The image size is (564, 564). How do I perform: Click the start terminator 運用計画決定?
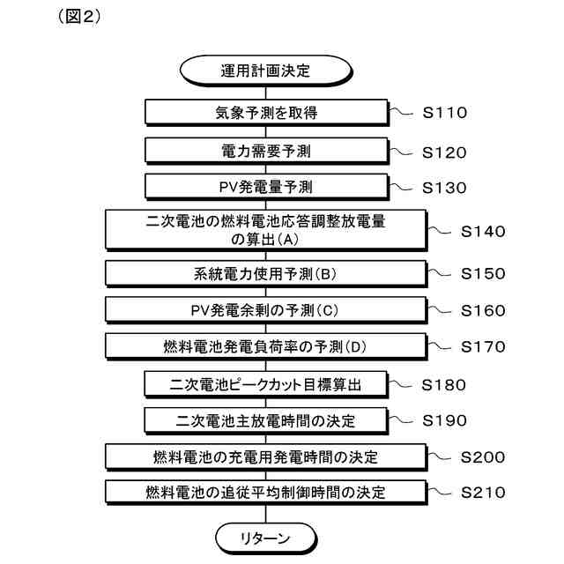(265, 70)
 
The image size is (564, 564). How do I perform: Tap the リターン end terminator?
(265, 536)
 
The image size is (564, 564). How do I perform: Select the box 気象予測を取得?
(265, 112)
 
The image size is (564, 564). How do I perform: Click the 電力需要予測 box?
(265, 151)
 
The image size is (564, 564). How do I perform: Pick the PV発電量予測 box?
(265, 188)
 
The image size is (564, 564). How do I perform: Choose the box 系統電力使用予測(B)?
(265, 273)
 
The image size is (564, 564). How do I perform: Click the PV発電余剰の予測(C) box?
(265, 310)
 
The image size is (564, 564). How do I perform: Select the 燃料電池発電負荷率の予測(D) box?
(265, 346)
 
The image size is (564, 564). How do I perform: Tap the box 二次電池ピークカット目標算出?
(265, 383)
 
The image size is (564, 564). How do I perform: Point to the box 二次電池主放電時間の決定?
(265, 420)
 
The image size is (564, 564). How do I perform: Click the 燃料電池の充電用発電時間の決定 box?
(265, 456)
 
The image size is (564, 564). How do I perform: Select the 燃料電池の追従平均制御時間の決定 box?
(265, 492)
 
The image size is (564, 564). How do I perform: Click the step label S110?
(444, 113)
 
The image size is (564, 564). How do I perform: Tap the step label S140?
(483, 233)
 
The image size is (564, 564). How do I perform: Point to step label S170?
(483, 346)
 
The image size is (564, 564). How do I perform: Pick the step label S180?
(444, 384)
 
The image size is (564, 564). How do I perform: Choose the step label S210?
(483, 493)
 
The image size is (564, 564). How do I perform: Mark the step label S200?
(483, 457)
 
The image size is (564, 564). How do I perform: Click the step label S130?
(444, 188)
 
